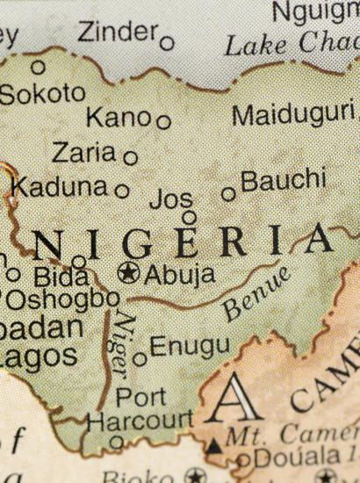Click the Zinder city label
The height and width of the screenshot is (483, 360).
[117, 32]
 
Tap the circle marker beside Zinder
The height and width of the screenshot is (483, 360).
[167, 41]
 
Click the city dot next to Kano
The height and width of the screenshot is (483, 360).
[163, 121]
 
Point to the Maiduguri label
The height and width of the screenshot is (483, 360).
[293, 114]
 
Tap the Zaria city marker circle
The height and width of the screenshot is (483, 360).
[130, 158]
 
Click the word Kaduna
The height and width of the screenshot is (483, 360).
[60, 187]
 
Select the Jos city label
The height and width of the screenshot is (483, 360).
[170, 198]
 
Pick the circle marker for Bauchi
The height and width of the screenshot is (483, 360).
[228, 193]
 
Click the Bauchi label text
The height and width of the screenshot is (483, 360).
[283, 182]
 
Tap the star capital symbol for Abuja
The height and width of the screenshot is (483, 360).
[129, 273]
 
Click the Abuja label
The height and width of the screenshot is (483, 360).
[179, 274]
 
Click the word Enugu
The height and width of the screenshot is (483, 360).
[190, 345]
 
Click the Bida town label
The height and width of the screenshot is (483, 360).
[61, 276]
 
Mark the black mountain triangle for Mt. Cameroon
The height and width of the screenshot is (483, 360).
[214, 446]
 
